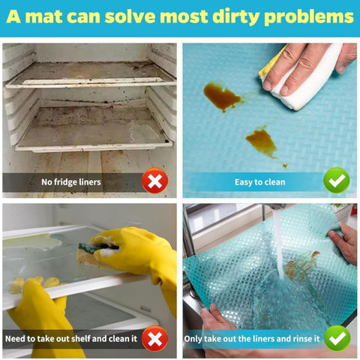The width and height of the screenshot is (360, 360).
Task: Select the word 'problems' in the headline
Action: pyautogui.click(x=309, y=17)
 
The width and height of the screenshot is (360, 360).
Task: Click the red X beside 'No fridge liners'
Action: pyautogui.click(x=154, y=181)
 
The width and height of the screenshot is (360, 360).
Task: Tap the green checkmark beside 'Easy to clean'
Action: pyautogui.click(x=336, y=181)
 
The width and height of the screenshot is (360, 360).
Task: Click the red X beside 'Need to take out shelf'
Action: pyautogui.click(x=154, y=339)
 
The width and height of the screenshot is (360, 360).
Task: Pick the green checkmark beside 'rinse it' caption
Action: pyautogui.click(x=337, y=339)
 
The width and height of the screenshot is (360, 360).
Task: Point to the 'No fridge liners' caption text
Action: pyautogui.click(x=71, y=182)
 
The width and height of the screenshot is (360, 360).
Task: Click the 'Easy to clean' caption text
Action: pyautogui.click(x=259, y=182)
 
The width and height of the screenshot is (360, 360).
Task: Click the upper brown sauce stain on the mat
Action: pyautogui.click(x=222, y=96)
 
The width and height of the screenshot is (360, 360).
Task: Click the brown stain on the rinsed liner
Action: pyautogui.click(x=301, y=266)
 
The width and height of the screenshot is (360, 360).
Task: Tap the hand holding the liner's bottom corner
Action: pyautogui.click(x=217, y=325)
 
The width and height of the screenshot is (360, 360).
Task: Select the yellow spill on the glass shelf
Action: pyautogui.click(x=31, y=242)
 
